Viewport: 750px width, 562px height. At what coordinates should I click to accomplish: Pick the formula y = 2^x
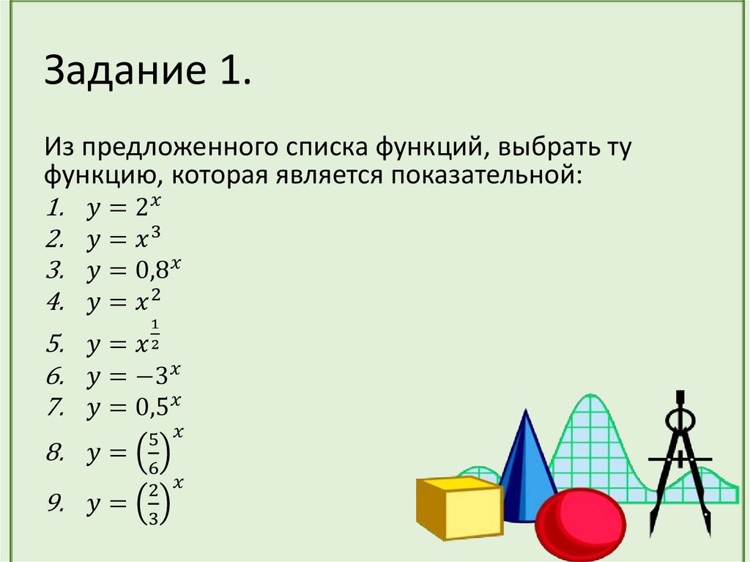[x=122, y=209]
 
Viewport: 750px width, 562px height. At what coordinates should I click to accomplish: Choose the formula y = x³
[x=122, y=240]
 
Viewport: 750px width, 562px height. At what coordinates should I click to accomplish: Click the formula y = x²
[x=122, y=303]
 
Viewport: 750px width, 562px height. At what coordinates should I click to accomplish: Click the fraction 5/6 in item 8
[x=152, y=454]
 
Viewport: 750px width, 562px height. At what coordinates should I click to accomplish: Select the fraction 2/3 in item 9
[x=152, y=503]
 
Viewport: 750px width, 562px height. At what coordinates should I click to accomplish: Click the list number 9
[x=54, y=503]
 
